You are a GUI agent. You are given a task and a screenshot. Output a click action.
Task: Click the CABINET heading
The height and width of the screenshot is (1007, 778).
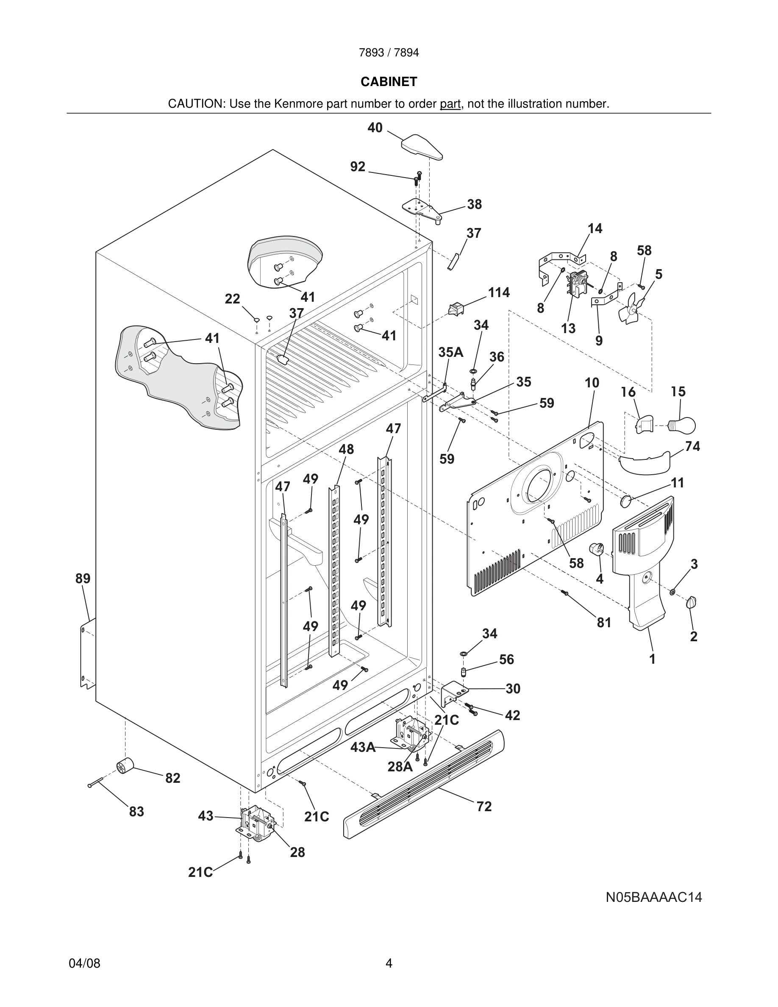pos(389,82)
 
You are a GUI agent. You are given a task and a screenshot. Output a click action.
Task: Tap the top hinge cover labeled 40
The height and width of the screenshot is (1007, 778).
pos(422,147)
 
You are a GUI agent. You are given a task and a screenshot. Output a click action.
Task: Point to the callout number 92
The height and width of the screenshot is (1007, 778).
pos(358,167)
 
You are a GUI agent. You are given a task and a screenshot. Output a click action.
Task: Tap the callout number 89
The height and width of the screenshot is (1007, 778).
pos(83,578)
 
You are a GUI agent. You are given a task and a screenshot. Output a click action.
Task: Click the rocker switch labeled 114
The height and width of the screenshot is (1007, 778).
pos(456,309)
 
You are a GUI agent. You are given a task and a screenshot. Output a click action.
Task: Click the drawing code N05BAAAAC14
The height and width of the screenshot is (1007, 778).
pos(653,897)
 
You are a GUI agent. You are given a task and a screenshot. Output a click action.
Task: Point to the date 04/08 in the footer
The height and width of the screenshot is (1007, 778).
pos(84,963)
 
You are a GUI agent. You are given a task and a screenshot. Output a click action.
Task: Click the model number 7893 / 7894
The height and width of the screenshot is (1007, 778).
pos(389,53)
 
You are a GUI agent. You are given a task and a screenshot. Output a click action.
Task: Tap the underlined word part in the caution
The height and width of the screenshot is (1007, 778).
pos(450,104)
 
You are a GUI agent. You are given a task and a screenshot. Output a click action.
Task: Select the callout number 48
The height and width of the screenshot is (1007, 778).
pos(346,449)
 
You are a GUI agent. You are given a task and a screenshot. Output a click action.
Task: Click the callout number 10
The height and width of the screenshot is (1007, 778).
pos(592,383)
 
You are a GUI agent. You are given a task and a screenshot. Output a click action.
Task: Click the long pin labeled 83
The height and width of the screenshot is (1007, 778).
pos(96,782)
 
